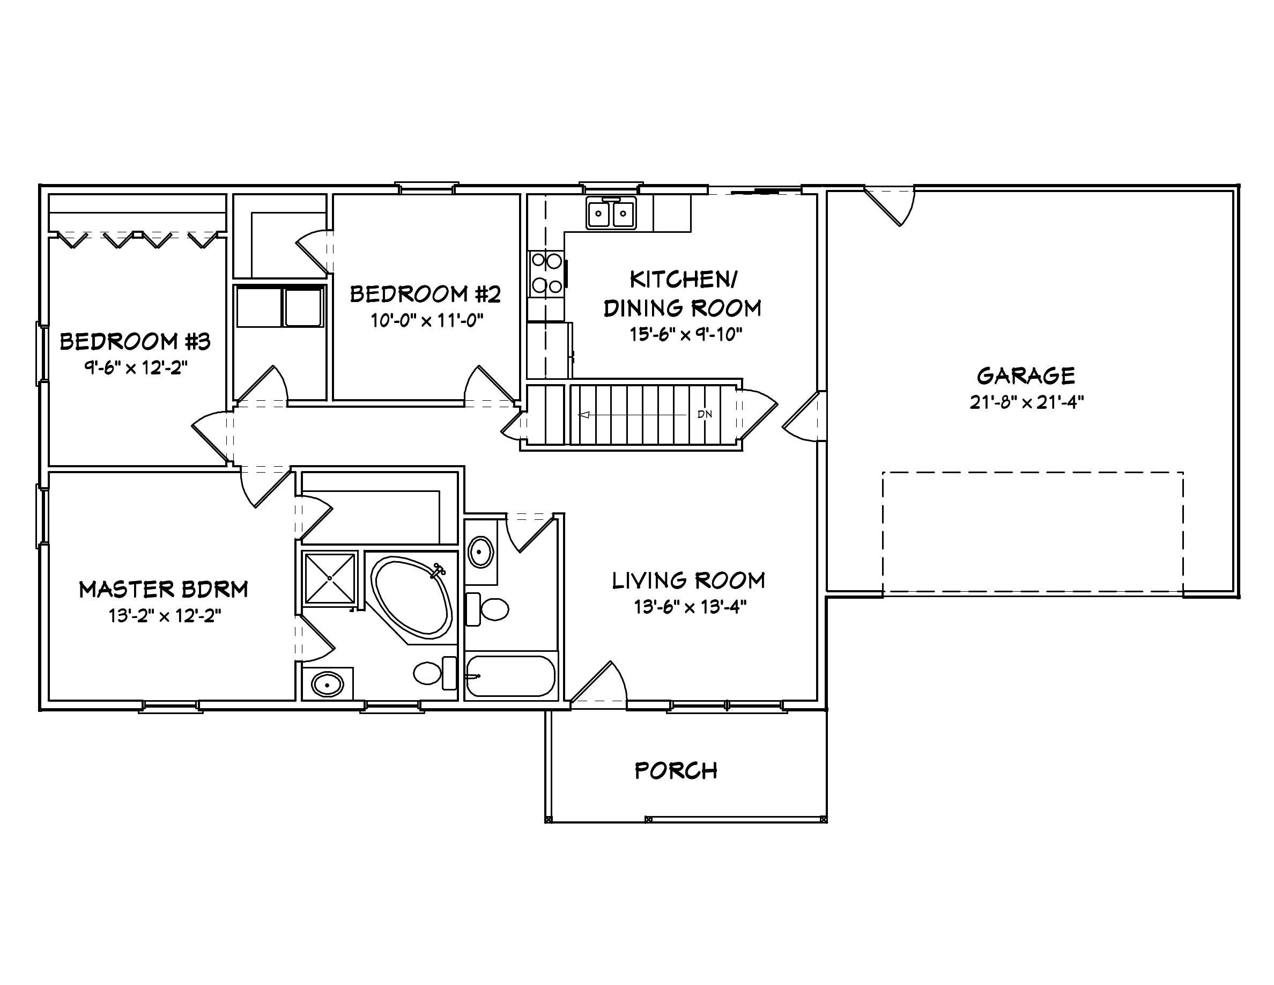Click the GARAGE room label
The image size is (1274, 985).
(x=1026, y=375)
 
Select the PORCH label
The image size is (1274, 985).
(x=676, y=771)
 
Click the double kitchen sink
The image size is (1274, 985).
(x=611, y=214)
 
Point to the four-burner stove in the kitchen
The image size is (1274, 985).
(x=546, y=273)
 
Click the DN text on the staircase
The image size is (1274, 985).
(x=705, y=414)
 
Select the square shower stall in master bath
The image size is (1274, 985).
(x=330, y=578)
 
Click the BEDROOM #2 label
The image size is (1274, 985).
(x=425, y=294)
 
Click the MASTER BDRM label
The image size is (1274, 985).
(x=164, y=590)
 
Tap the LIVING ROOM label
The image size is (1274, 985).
(x=688, y=580)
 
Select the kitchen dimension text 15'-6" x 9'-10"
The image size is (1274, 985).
(x=685, y=334)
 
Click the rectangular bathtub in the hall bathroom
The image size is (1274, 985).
(x=510, y=677)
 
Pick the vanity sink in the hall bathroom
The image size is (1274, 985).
(x=482, y=552)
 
